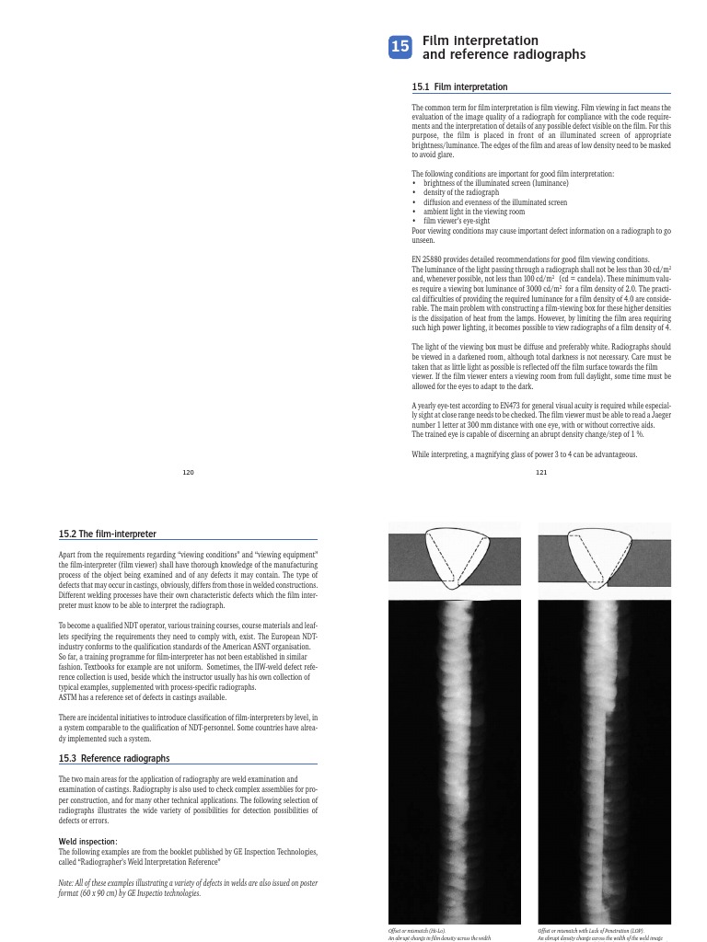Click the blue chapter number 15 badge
400,49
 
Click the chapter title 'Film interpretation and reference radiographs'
503,48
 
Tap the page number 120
189,472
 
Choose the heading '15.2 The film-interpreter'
108,533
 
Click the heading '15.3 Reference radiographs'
113,759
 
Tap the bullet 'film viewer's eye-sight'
458,221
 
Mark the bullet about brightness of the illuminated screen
483,183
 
